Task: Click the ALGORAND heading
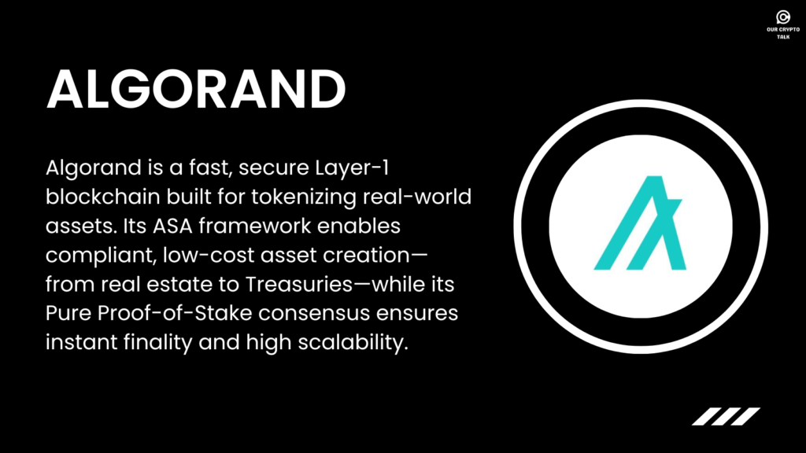[x=196, y=90]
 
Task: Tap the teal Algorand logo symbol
[x=640, y=223]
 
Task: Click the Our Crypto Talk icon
[x=783, y=17]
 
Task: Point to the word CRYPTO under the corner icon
[x=789, y=30]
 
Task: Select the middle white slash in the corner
[x=726, y=417]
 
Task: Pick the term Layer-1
[x=352, y=168]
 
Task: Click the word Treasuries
[x=298, y=284]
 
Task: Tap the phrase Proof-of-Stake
[x=175, y=313]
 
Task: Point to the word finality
[x=157, y=343]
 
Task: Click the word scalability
[x=353, y=343]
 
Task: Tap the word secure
[x=274, y=169]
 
